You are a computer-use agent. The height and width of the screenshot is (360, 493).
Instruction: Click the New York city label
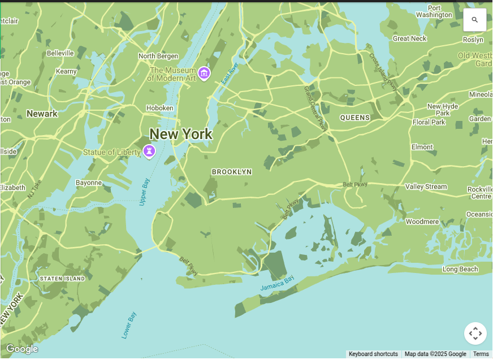[180, 134]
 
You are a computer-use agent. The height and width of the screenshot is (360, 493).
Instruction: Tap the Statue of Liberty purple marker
[149, 151]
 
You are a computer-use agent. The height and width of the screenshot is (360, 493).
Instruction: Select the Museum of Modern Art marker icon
[204, 73]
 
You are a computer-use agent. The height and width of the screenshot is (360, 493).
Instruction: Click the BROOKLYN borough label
[232, 171]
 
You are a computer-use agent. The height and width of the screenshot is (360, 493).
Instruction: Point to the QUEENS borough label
[355, 118]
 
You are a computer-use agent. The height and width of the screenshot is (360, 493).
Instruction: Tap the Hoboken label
[160, 108]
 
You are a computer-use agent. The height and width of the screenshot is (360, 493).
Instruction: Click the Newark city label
[42, 114]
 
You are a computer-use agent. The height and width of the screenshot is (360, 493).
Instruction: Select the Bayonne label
[89, 183]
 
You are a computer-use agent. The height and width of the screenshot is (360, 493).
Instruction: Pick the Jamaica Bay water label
[278, 284]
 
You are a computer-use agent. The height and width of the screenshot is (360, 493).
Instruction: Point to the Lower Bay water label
[129, 325]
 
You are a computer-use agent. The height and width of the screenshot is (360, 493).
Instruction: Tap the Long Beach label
[460, 269]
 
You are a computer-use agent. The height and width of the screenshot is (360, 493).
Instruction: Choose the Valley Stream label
[426, 186]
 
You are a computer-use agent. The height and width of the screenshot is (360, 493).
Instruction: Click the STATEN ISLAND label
[62, 279]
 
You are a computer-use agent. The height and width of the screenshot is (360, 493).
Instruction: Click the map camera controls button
[475, 333]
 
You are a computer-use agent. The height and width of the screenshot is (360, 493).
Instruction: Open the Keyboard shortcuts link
[373, 354]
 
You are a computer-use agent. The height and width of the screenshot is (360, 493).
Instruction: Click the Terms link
[481, 354]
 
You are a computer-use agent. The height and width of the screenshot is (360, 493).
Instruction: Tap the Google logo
[22, 349]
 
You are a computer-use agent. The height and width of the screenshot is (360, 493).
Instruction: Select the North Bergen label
[158, 56]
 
